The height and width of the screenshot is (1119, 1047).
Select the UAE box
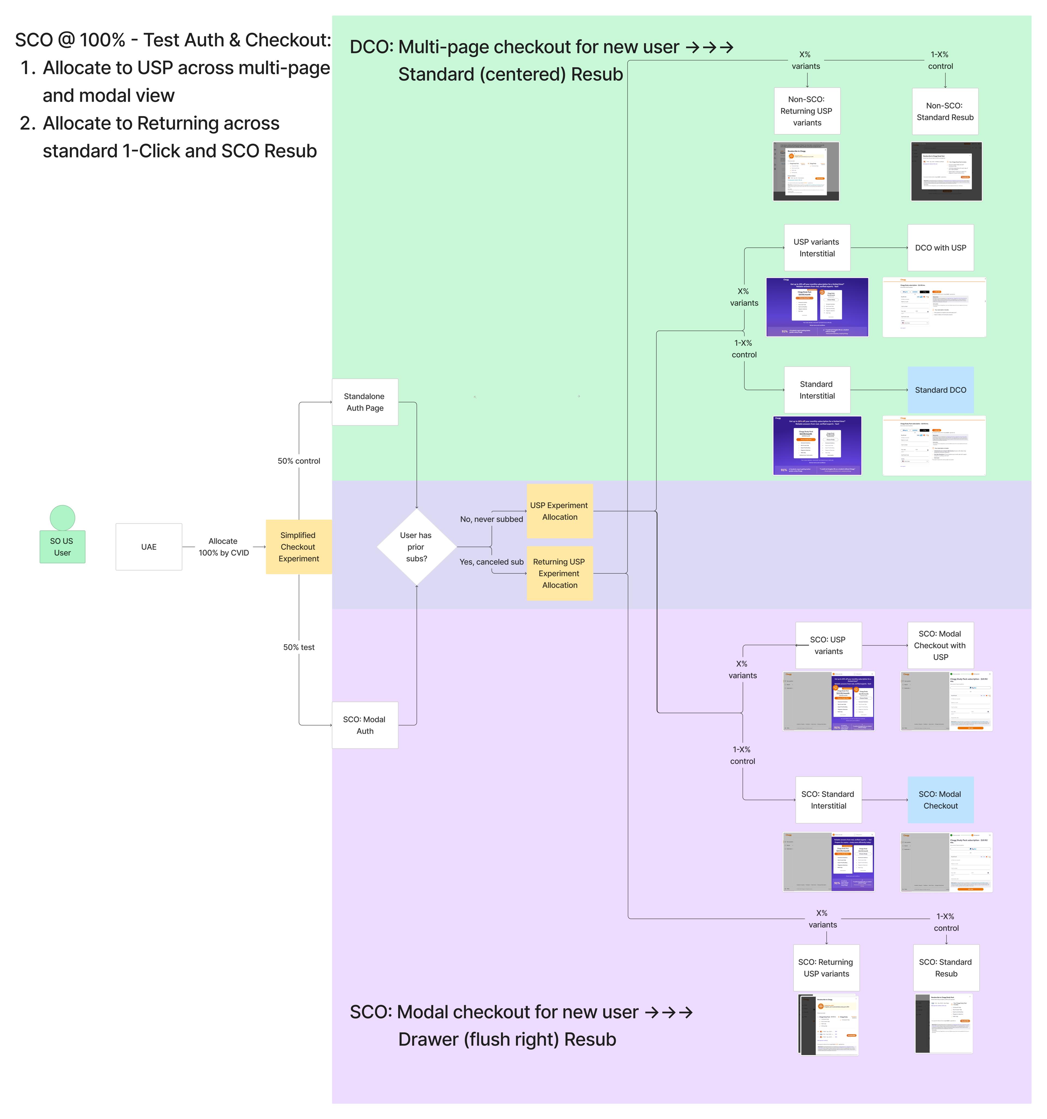tap(149, 547)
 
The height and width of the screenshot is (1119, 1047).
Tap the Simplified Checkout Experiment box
tap(298, 547)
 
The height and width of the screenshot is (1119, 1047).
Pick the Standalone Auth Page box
tap(365, 402)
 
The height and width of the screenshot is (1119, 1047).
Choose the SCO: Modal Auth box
tap(365, 725)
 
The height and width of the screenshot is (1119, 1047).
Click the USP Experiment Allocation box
tap(559, 511)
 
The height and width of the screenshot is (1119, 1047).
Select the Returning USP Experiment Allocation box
tap(559, 573)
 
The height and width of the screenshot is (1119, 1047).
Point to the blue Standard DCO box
tap(940, 390)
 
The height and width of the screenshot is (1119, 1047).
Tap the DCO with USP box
tap(940, 248)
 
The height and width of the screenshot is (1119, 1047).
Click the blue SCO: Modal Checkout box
tap(940, 800)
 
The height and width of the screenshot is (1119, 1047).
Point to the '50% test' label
tap(298, 647)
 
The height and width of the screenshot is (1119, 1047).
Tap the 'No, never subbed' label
tap(491, 519)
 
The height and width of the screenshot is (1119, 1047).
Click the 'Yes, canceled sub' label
tap(491, 562)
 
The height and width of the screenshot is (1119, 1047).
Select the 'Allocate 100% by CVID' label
tap(224, 547)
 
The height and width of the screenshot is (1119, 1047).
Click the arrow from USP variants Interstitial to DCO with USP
tap(878, 248)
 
